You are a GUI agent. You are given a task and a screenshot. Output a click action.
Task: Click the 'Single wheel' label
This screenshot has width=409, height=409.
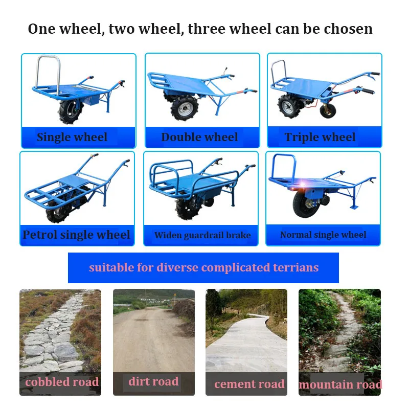72,137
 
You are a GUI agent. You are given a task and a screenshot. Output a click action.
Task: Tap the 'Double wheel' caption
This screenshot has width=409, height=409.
199,137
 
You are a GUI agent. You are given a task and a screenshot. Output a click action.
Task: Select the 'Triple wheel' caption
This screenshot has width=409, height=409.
320,137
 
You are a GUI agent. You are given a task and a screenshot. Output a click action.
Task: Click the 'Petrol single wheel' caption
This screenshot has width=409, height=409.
77,235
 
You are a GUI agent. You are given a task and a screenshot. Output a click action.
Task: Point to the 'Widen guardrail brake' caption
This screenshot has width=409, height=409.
202,235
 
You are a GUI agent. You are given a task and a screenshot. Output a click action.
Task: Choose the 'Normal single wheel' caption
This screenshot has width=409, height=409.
323,235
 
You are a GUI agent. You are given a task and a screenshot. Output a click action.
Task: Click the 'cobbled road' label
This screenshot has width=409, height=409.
62,382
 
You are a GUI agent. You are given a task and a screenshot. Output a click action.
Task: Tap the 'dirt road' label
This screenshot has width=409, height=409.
153,381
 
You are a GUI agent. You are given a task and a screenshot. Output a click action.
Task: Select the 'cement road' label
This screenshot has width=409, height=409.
249,384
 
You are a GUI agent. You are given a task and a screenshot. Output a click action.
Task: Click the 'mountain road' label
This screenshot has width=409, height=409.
340,384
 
